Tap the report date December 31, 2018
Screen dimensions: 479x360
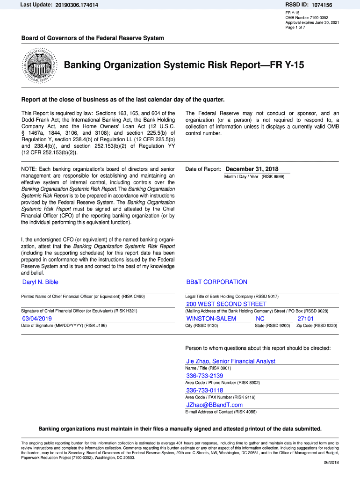tap(252, 169)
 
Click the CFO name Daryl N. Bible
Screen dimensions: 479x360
tap(40, 282)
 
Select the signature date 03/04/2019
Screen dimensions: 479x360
tap(37, 319)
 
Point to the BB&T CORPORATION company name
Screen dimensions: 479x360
tap(216, 282)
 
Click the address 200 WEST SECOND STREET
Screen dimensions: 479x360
tap(226, 305)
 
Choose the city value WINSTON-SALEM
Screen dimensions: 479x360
tap(211, 319)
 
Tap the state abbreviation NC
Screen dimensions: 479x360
tap(260, 319)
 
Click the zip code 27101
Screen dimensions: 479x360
tap(306, 319)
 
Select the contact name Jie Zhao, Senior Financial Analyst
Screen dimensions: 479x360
tap(230, 361)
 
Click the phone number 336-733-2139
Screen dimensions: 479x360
tap(204, 376)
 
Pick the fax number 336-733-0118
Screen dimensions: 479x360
tap(204, 391)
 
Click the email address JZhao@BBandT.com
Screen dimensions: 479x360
tap(214, 405)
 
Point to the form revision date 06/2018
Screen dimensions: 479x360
tap(331, 463)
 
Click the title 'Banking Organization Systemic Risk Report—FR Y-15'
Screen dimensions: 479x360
tap(184, 65)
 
